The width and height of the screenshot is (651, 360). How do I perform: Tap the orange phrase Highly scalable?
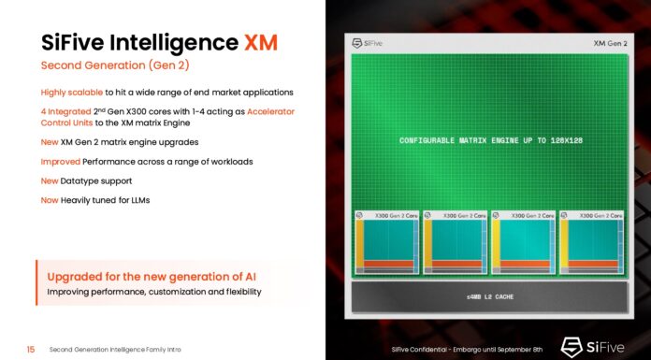click(72, 92)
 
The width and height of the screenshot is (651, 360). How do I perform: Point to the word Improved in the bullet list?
click(61, 161)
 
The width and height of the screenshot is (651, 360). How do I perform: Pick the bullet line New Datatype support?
click(86, 180)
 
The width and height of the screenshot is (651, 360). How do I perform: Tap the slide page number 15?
click(31, 349)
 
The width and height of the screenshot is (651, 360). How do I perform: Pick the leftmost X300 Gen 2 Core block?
click(384, 243)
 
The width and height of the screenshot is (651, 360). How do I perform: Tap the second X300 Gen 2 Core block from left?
click(456, 243)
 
